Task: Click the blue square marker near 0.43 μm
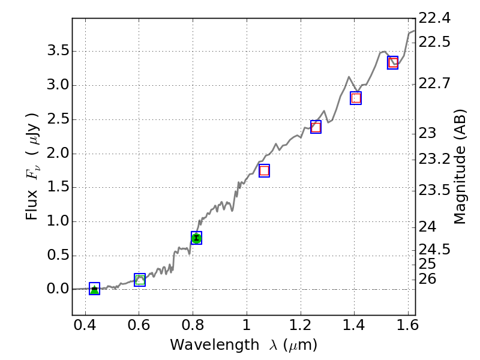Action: [x=94, y=289]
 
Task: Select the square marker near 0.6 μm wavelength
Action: [x=140, y=280]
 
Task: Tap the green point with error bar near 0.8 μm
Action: [x=196, y=238]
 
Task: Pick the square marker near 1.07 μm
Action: [x=264, y=170]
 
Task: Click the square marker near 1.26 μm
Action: [x=316, y=127]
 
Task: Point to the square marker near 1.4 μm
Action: [x=356, y=98]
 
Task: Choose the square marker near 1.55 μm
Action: [x=393, y=62]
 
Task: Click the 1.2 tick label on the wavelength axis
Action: [x=300, y=327]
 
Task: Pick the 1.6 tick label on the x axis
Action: [x=408, y=327]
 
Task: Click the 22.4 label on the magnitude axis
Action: [x=434, y=19]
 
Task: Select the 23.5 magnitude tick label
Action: [x=434, y=190]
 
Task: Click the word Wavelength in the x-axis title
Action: [x=206, y=345]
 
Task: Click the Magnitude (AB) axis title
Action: [x=460, y=167]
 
